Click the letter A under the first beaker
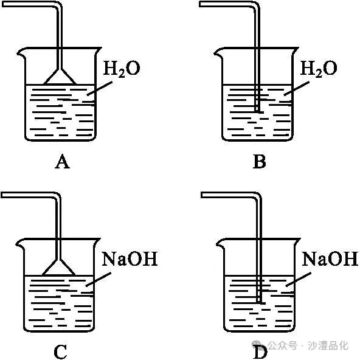pyautogui.click(x=62, y=162)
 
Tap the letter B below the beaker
pyautogui.click(x=260, y=162)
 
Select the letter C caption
pyautogui.click(x=60, y=351)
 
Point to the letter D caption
pyautogui.click(x=260, y=351)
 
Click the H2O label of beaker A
pyautogui.click(x=121, y=69)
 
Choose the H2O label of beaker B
pyautogui.click(x=319, y=69)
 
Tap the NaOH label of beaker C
pyautogui.click(x=130, y=259)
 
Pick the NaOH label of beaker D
pyautogui.click(x=330, y=259)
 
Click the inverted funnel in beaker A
pyautogui.click(x=60, y=77)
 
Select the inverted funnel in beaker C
pyautogui.click(x=59, y=267)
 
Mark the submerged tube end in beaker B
pyautogui.click(x=258, y=111)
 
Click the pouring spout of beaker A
pyautogui.click(x=21, y=53)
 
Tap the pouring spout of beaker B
pyautogui.click(x=218, y=53)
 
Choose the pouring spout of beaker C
pyautogui.click(x=20, y=243)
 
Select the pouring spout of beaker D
pyautogui.click(x=221, y=243)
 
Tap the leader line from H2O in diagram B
pyautogui.click(x=296, y=88)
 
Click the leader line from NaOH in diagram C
pyautogui.click(x=99, y=279)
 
